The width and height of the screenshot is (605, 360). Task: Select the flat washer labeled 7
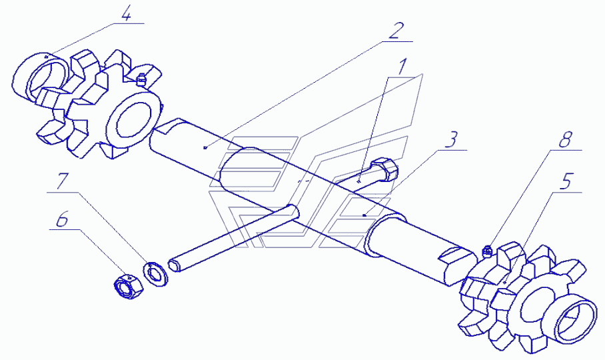(157, 273)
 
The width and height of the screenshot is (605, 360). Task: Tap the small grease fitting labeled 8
(487, 251)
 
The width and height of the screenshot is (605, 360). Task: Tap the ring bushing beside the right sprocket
(575, 319)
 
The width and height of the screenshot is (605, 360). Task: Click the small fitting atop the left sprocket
(141, 79)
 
